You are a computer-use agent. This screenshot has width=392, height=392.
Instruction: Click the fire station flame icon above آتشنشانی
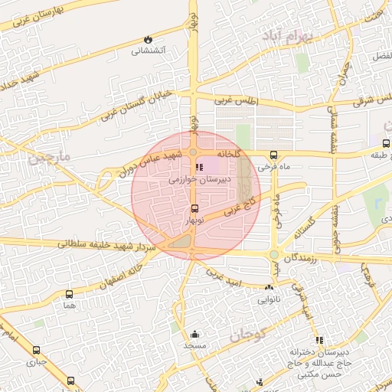tap(148, 39)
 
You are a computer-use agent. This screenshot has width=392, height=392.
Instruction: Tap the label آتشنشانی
tap(148, 51)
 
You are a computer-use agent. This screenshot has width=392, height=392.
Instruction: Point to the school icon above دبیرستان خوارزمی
tap(199, 167)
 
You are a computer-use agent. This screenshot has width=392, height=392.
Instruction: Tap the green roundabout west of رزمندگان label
tap(273, 255)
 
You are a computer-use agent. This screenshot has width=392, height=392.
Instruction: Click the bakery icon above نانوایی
tap(268, 288)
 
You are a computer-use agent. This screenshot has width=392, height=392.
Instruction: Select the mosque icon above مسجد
tap(194, 334)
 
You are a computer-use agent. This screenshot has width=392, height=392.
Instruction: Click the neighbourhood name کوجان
tap(247, 334)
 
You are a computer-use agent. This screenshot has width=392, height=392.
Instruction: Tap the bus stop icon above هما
tap(70, 294)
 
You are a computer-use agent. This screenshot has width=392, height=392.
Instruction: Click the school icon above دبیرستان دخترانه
tap(319, 340)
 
